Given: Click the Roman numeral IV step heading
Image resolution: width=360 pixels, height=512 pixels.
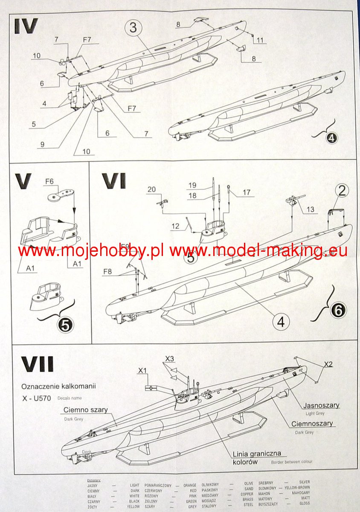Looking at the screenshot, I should click(26, 26).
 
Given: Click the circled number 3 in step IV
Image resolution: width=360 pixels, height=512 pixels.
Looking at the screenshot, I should click(133, 28).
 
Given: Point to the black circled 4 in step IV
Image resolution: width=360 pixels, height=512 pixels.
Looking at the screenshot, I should click(332, 138).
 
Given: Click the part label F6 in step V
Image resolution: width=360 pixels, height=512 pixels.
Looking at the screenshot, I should click(50, 181).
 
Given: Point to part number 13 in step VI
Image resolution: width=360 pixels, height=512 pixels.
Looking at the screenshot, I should click(310, 209).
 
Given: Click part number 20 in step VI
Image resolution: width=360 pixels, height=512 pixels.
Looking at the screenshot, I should click(151, 189).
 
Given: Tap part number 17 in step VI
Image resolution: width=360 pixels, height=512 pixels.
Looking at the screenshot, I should click(246, 192).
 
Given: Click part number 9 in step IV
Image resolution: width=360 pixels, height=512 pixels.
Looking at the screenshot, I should click(42, 144).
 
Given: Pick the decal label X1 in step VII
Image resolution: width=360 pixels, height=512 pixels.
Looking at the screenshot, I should click(142, 370).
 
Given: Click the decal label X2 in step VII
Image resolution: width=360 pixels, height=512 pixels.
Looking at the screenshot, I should click(328, 364).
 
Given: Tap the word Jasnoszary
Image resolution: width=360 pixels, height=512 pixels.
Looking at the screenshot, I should click(321, 405).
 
